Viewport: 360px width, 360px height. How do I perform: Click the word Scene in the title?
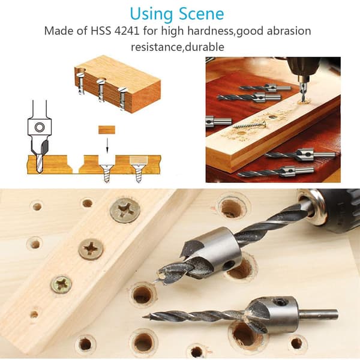point(201,14)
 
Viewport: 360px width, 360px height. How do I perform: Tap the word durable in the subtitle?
point(205,47)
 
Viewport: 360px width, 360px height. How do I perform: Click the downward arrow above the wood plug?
point(107,145)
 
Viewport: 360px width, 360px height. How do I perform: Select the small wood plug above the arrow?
point(107,130)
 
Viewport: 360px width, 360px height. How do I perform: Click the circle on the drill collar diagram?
point(40,127)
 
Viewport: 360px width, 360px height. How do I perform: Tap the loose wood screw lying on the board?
point(250,125)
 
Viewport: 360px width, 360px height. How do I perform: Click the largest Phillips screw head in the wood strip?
point(125,211)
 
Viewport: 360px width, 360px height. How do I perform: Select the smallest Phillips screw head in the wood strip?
point(61,284)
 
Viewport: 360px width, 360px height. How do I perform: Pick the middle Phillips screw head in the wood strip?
point(91,250)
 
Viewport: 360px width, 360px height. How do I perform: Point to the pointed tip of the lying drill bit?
point(143,317)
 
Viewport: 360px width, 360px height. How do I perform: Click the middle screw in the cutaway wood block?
point(101,89)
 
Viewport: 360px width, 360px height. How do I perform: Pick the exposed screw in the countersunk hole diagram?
point(107,173)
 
